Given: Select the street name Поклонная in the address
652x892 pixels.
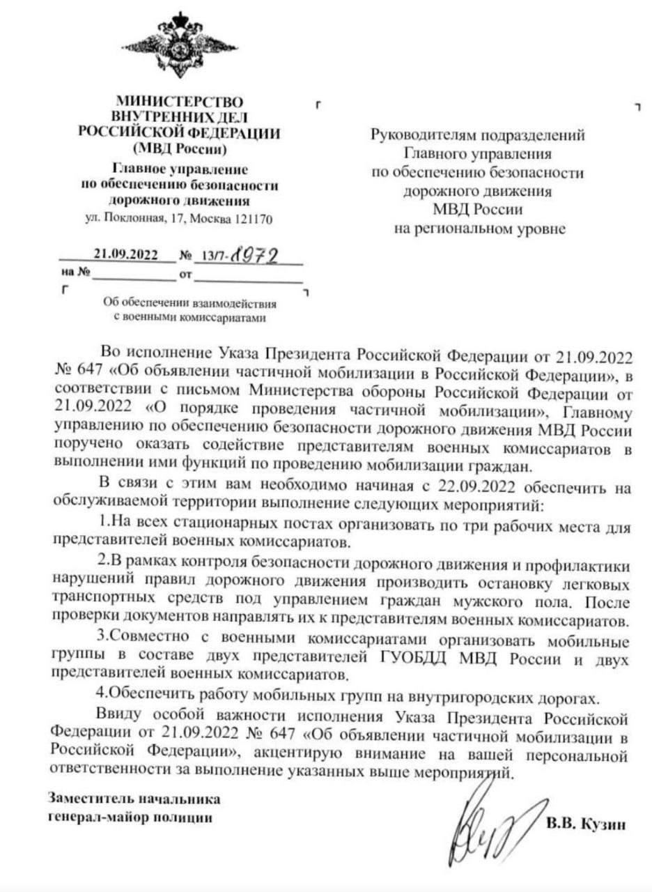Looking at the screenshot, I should pos(125,219).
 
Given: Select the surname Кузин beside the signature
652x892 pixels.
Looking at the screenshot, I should pos(606,824).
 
